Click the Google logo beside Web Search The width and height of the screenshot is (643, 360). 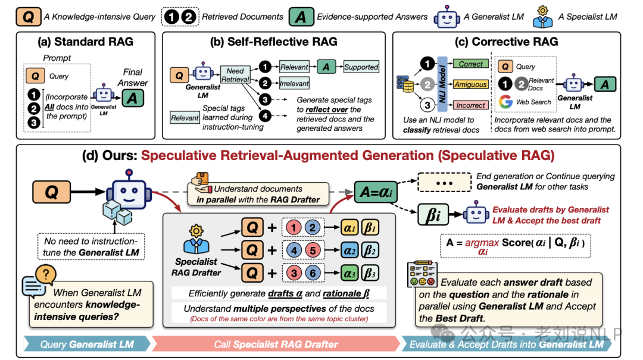point(505,102)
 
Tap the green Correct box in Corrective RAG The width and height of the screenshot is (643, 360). point(471,64)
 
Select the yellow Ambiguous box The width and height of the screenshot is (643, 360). point(471,84)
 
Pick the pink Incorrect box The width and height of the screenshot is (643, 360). point(471,105)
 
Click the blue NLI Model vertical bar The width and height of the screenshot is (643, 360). point(442,84)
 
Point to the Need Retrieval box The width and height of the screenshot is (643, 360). point(235,75)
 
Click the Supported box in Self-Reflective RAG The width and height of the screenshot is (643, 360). point(361,67)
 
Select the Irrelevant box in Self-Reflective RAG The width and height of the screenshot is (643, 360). point(294,84)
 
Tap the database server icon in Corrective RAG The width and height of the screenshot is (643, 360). point(405,84)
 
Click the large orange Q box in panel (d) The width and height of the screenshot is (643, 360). point(51,192)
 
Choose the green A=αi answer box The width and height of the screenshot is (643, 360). point(376,192)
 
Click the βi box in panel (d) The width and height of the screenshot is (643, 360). point(433,214)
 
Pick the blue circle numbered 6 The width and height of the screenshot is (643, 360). point(313,273)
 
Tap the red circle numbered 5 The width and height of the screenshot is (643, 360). point(313,250)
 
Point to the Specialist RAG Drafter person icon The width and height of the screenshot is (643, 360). point(196,240)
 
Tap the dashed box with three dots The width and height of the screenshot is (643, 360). point(444,183)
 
